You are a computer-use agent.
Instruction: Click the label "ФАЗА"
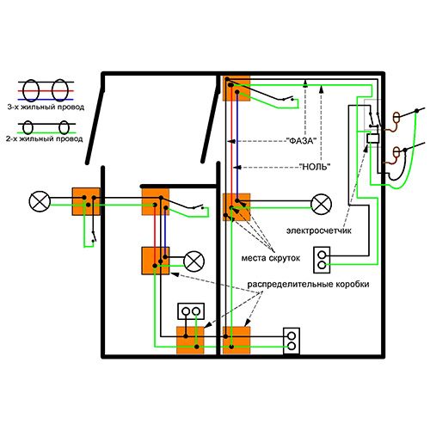coord(301,141)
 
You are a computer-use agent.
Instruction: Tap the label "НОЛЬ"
coord(315,167)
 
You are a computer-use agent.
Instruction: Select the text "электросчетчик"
coord(319,230)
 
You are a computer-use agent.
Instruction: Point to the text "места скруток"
coord(271,258)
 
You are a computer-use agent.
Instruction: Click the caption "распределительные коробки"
coord(308,285)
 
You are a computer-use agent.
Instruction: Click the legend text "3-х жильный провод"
coord(46,107)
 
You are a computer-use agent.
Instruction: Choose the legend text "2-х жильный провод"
coord(45,139)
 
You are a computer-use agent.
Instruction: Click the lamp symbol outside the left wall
coord(40,201)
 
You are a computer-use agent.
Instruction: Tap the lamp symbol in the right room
coord(322,204)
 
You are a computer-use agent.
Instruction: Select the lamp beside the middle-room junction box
coord(194,261)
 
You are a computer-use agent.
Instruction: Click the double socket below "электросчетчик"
coord(322,260)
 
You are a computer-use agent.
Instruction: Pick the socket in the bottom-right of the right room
coord(292,341)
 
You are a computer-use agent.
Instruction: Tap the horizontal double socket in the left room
coord(191,311)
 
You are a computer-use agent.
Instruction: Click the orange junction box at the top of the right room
coord(236,89)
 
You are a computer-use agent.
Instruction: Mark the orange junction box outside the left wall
coord(86,201)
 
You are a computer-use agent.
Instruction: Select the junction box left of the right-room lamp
coord(236,207)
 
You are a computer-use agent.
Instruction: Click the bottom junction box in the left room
coord(190,341)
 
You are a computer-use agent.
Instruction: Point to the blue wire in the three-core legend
coord(46,100)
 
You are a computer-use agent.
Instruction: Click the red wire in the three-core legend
coord(46,91)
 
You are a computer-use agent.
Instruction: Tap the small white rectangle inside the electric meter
coord(373,138)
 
